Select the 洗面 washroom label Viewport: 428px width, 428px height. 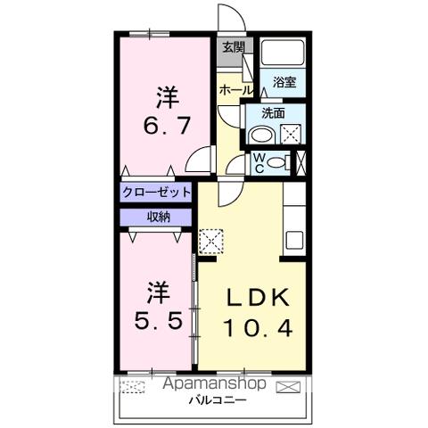273,113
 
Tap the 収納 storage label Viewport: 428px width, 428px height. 157,216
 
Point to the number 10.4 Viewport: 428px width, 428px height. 259,328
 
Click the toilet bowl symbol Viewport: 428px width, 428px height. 278,162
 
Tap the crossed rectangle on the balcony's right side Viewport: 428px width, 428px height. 289,386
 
